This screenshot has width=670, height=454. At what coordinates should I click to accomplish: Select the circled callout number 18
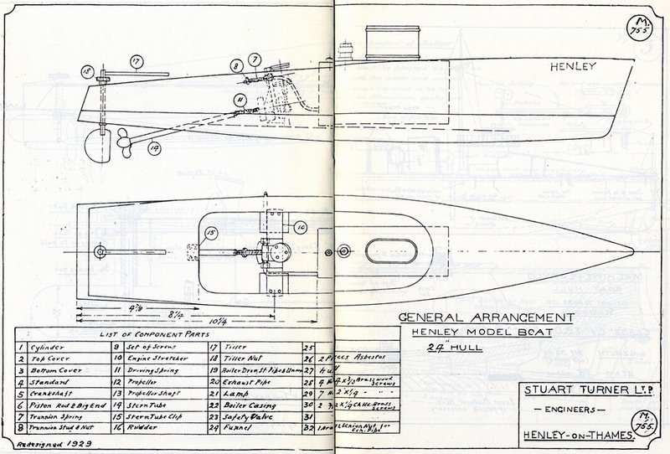click(87, 73)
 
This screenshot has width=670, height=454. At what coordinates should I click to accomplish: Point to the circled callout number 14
click(154, 150)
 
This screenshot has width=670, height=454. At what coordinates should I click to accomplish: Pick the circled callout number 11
click(240, 102)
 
